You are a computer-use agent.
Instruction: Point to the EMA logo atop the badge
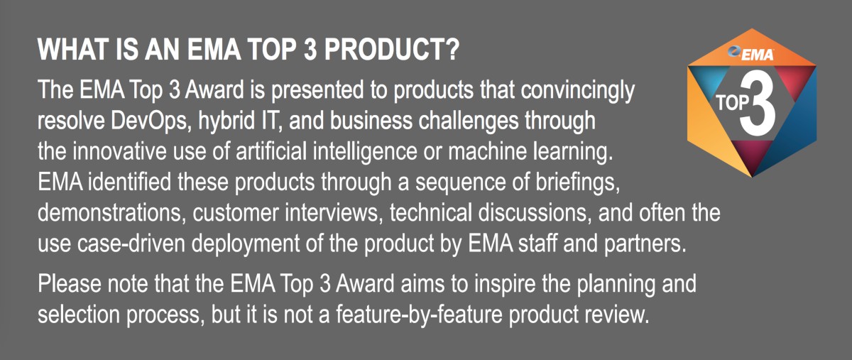point(753,52)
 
